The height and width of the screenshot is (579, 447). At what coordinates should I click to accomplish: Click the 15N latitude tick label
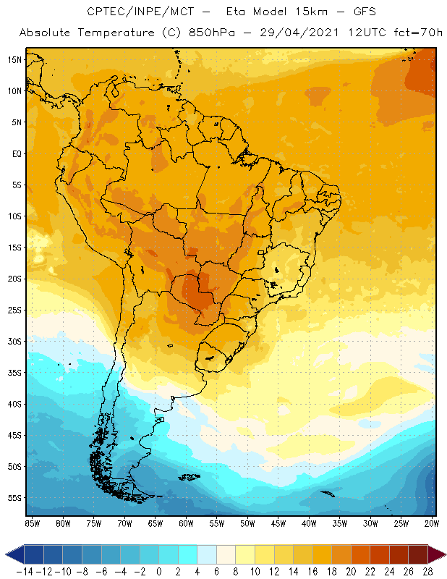click(x=14, y=59)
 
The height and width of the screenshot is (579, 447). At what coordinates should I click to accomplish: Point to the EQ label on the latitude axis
click(x=15, y=153)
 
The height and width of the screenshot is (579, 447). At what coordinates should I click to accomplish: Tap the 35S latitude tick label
click(x=14, y=373)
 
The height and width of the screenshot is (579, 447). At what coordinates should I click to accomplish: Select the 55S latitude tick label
click(x=14, y=498)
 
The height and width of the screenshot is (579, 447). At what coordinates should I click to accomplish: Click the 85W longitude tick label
click(x=32, y=523)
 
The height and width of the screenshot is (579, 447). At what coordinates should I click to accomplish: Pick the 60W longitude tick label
click(x=186, y=523)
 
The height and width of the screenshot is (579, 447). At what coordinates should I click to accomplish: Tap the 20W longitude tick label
click(x=433, y=523)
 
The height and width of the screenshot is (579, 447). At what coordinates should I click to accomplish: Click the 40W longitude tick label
click(x=309, y=523)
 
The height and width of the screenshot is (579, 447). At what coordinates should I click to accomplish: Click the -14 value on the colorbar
click(x=24, y=571)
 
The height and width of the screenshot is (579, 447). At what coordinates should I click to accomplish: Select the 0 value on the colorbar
click(x=158, y=571)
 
